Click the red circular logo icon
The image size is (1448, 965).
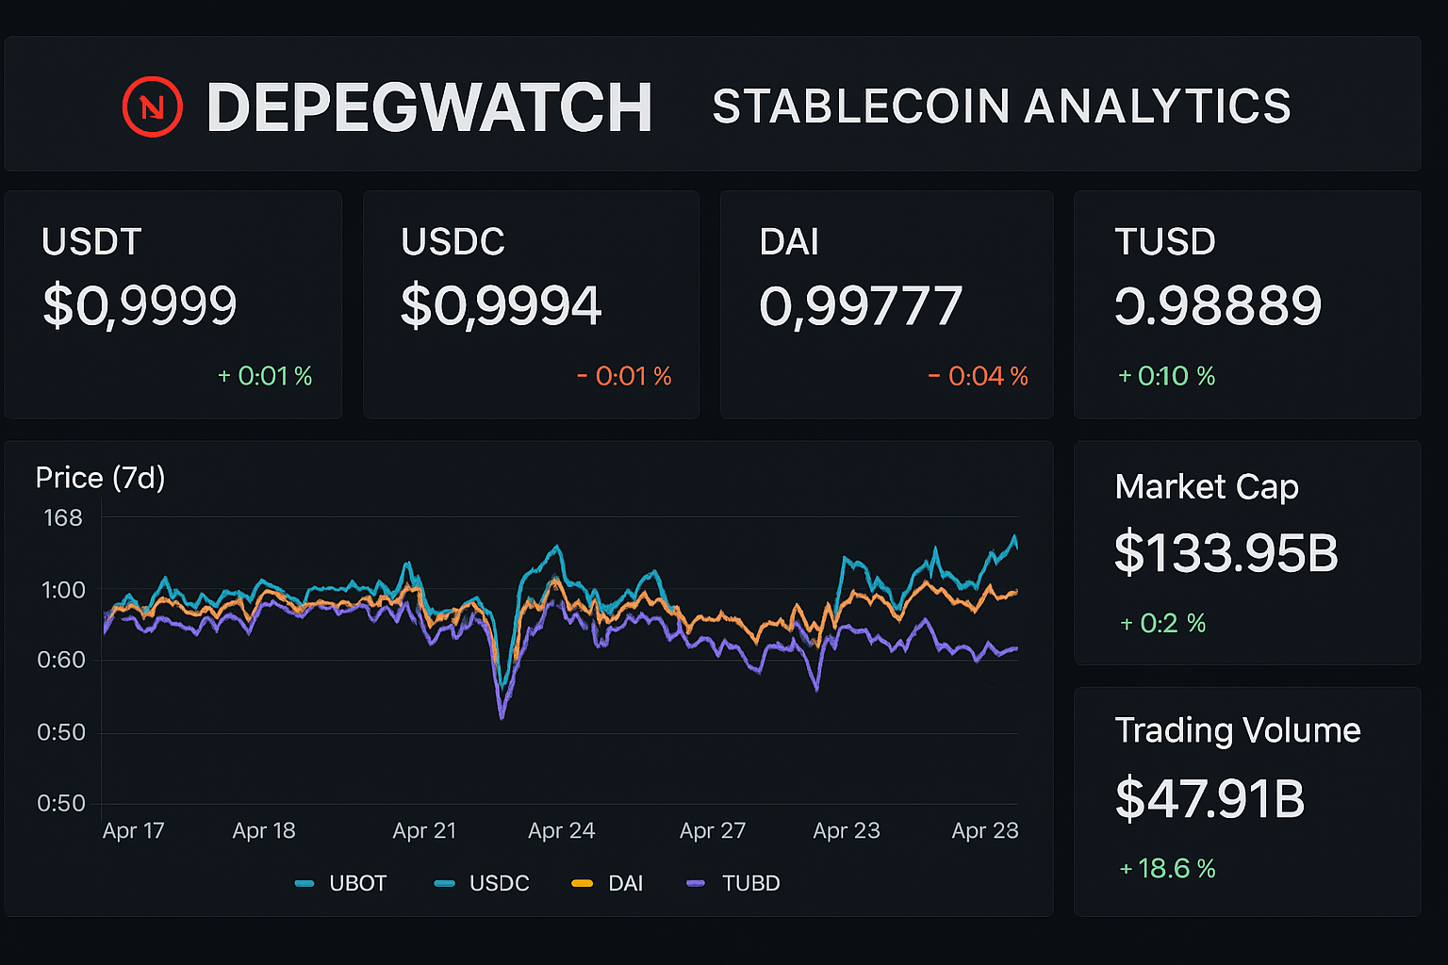tap(152, 106)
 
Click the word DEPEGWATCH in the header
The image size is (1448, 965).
tap(429, 107)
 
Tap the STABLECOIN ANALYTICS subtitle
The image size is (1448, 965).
tap(1001, 106)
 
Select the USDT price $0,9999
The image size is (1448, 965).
tap(140, 305)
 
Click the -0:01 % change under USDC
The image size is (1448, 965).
tap(624, 377)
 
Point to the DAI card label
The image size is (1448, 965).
tap(788, 242)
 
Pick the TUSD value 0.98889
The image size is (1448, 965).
tap(1218, 305)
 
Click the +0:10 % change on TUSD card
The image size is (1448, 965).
tap(1166, 377)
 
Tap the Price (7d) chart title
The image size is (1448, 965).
tap(100, 478)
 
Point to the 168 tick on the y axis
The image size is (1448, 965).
tap(63, 518)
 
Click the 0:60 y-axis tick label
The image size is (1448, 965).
tap(61, 660)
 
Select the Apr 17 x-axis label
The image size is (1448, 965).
tap(133, 831)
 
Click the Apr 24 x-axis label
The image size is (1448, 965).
tap(561, 831)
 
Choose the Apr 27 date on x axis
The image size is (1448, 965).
tap(713, 831)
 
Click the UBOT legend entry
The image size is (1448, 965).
tap(341, 884)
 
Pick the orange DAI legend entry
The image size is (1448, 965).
tap(608, 884)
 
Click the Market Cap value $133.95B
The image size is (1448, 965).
tap(1226, 553)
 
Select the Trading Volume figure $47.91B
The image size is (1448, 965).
tap(1209, 799)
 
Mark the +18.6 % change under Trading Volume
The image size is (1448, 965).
tap(1167, 869)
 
